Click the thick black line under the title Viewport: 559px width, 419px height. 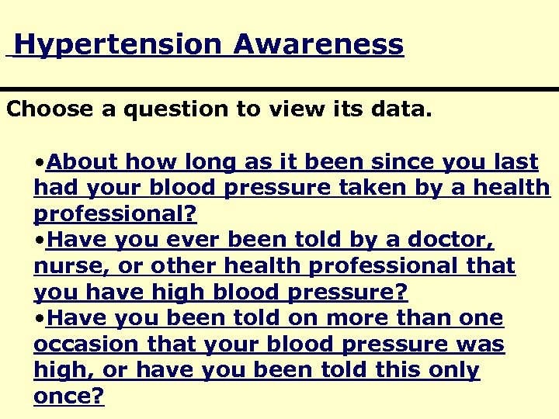(x=279, y=90)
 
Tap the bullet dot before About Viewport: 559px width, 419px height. (x=40, y=163)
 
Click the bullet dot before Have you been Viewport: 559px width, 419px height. (x=40, y=319)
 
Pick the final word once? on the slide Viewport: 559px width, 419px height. (x=69, y=396)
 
